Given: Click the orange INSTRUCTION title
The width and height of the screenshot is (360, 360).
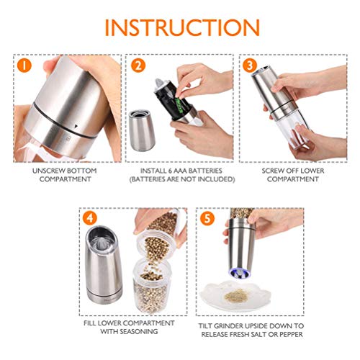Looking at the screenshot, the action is tap(182, 27).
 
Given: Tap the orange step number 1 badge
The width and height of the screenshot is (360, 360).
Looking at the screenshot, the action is tap(24, 65).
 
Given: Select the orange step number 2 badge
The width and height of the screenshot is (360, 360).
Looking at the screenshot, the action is tap(138, 65).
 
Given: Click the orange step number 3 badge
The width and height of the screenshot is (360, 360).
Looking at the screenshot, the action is tap(250, 65).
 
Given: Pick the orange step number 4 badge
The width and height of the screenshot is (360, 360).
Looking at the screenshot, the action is tap(90, 218).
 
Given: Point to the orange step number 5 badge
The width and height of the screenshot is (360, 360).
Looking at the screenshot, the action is tap(207, 218).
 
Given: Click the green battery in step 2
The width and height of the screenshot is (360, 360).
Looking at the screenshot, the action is tap(179, 104).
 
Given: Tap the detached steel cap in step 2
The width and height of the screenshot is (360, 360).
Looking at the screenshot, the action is tap(142, 130).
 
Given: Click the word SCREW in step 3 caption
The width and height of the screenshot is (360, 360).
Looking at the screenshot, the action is tap(271, 171).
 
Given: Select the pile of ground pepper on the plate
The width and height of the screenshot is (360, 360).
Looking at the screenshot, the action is tap(235, 296).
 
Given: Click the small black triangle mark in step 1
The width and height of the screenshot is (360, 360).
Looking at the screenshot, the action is tap(76, 125).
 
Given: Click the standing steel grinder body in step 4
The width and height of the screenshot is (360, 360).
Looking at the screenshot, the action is tap(103, 264).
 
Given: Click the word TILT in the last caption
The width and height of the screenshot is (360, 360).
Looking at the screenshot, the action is tap(205, 326).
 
